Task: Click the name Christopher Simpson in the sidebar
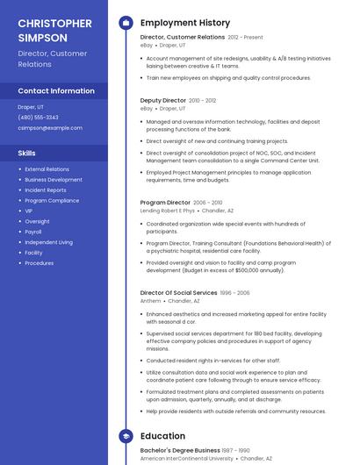point(54,30)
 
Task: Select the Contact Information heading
point(56,91)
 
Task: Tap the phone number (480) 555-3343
point(38,117)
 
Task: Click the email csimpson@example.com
point(50,127)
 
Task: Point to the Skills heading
point(26,153)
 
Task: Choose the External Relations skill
point(47,168)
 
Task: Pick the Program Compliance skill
point(52,200)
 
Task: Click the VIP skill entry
point(29,211)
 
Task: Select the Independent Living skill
point(48,242)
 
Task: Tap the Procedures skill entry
point(39,263)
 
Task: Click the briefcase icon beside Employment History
point(125,23)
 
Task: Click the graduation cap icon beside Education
point(125,435)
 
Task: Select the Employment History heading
point(185,23)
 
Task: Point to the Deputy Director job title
point(164,101)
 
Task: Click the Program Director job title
point(165,203)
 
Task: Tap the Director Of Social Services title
point(178,292)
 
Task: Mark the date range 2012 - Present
point(245,38)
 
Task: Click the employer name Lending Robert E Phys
point(167,211)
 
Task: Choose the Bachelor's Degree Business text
point(180,450)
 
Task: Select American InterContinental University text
point(187,458)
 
